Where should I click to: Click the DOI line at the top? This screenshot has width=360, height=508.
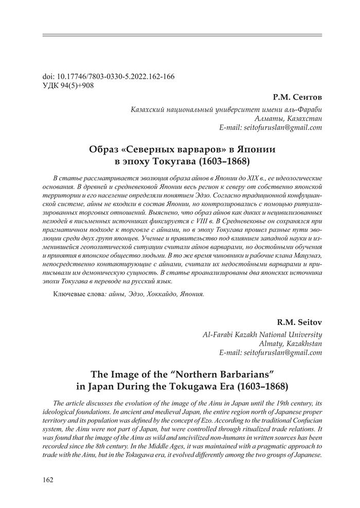click(108, 77)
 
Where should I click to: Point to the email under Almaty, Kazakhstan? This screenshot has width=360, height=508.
click(271, 353)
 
